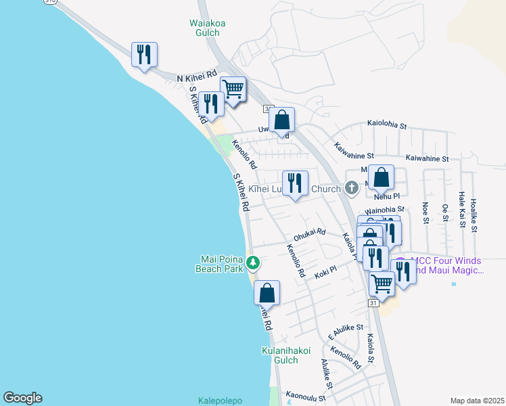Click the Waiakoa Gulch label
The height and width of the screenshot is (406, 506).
tap(207, 27)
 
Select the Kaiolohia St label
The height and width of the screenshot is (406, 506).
tap(386, 126)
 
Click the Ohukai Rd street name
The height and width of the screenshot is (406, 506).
tap(309, 235)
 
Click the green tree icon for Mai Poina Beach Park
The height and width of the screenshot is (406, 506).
tap(252, 261)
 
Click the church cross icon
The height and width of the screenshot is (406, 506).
tap(351, 187)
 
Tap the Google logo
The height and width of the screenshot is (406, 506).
tap(22, 398)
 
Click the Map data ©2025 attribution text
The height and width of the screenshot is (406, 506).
tap(476, 401)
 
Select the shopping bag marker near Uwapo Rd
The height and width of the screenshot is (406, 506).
tap(282, 120)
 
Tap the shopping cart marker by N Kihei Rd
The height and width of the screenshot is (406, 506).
tap(233, 89)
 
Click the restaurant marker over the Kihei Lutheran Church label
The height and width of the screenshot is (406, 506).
tap(294, 183)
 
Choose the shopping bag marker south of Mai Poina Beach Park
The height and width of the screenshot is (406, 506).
tap(267, 293)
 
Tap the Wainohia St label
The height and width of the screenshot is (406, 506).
tap(384, 210)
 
